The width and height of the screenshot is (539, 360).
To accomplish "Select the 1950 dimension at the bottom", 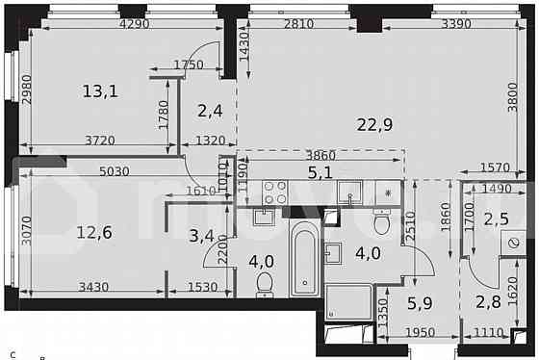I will tap(419, 332).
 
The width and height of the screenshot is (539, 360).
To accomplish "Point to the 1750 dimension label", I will tap(190, 65).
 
